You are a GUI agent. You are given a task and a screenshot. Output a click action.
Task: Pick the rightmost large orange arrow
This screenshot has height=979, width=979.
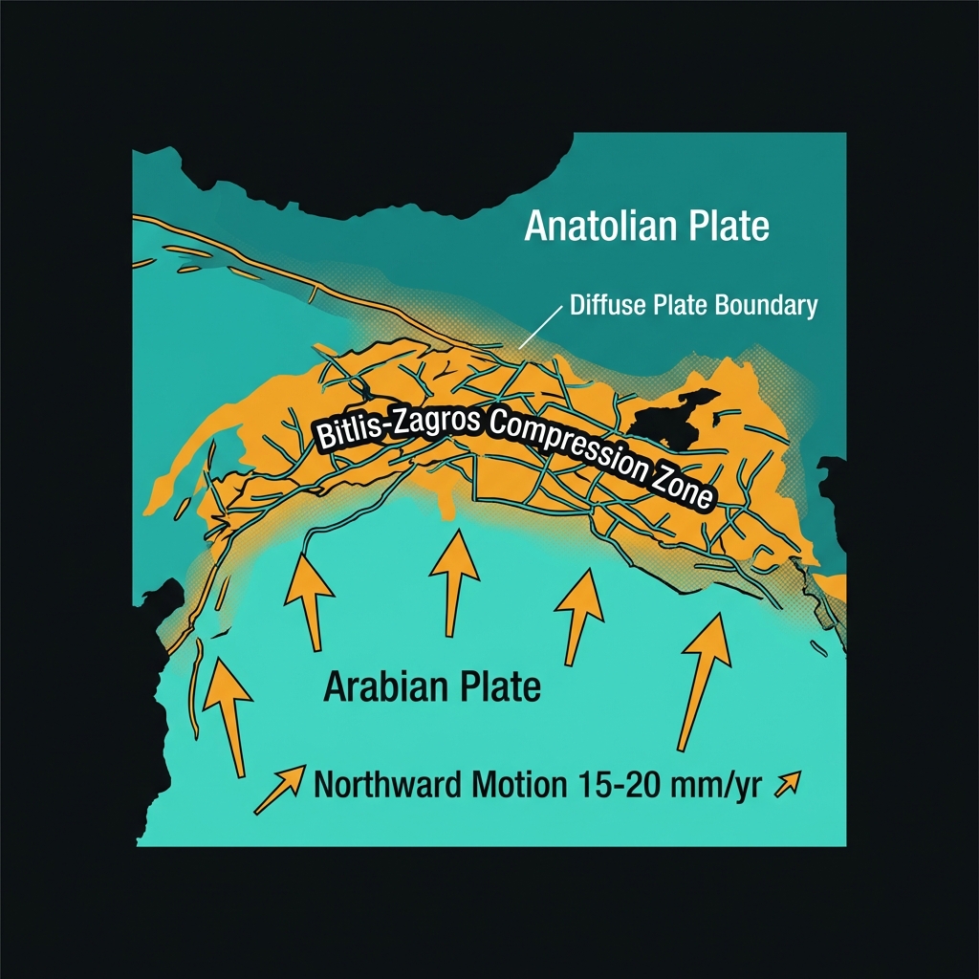pyautogui.click(x=700, y=674)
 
